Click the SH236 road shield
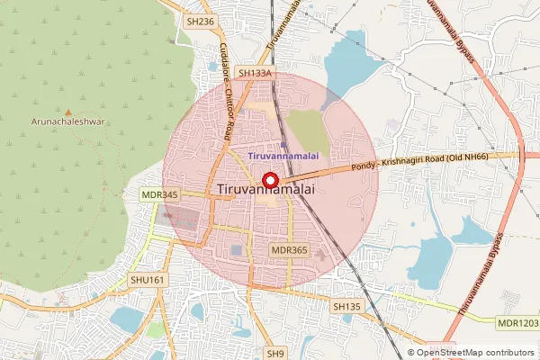click(199, 22)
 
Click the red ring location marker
click(268, 179)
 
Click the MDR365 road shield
click(289, 249)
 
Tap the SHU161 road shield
click(148, 280)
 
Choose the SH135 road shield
click(346, 307)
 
